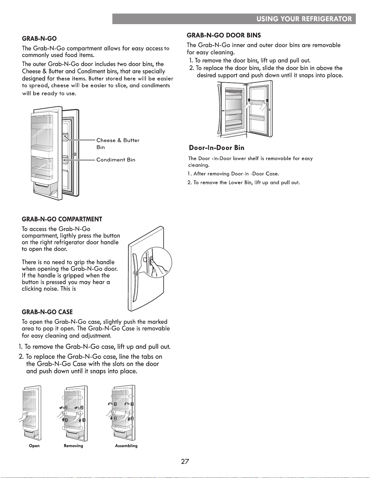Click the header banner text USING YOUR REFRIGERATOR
click(x=304, y=19)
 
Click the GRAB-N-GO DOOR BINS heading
click(x=224, y=35)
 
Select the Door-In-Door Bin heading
click(x=217, y=147)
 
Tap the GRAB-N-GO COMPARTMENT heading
click(x=62, y=219)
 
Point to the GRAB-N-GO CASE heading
click(x=47, y=312)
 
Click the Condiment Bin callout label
click(x=116, y=160)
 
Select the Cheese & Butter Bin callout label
click(x=118, y=144)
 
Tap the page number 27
click(x=185, y=461)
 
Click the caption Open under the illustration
click(x=34, y=446)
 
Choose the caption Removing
click(x=73, y=446)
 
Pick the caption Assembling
click(x=126, y=446)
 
